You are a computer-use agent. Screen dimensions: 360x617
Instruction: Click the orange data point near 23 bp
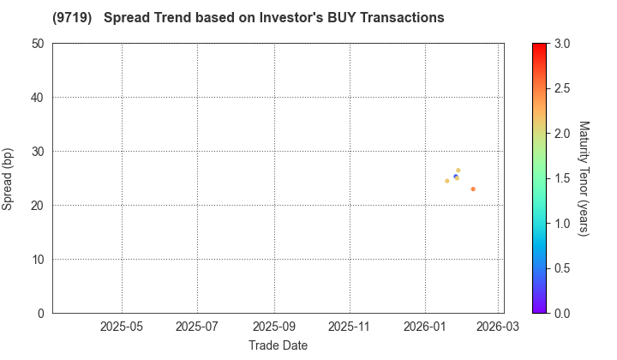473,189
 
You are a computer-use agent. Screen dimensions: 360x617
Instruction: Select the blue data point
455,177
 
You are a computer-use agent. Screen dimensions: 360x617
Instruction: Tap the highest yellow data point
458,171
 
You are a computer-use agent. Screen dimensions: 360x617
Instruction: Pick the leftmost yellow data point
447,181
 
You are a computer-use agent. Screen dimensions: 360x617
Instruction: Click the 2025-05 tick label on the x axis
122,327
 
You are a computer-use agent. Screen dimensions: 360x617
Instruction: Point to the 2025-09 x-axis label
274,327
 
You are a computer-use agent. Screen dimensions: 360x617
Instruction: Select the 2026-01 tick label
426,327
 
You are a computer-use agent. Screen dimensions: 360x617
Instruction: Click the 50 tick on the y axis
38,44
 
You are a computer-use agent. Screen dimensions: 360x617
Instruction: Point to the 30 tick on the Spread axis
38,152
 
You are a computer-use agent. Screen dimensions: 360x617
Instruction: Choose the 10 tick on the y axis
38,260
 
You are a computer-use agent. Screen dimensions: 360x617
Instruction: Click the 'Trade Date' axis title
278,345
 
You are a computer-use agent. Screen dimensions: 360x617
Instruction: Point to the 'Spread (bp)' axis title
12,178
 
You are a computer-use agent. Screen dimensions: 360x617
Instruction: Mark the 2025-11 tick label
350,327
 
